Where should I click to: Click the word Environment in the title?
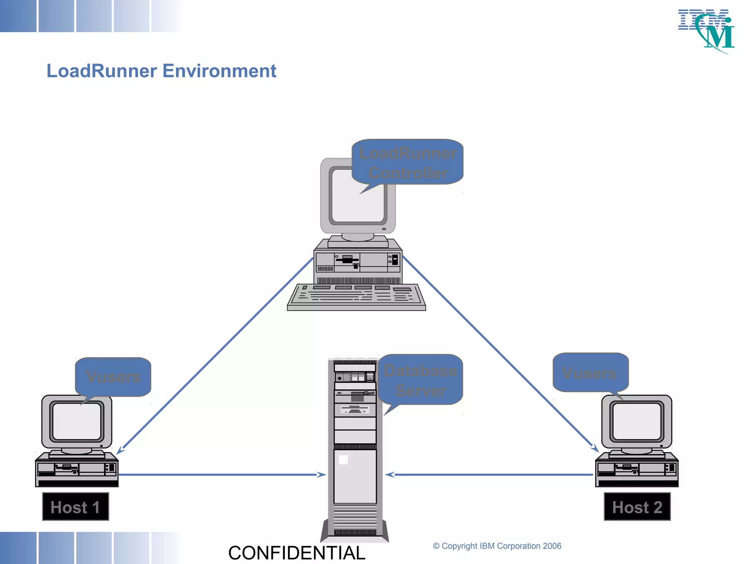(x=219, y=71)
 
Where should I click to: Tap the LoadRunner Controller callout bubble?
(x=408, y=163)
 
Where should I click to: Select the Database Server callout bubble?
(x=420, y=380)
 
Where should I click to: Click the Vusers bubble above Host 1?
(x=113, y=377)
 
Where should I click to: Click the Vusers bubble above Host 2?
(x=590, y=373)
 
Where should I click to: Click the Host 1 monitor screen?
(x=77, y=421)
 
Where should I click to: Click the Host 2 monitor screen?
(x=637, y=421)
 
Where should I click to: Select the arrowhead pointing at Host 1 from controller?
(x=121, y=450)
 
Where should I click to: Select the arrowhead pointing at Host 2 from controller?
(x=595, y=448)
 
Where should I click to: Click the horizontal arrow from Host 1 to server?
(x=220, y=475)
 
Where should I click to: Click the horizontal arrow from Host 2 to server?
(x=488, y=475)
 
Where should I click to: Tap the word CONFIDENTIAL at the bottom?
(x=297, y=553)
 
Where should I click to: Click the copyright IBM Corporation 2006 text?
(x=497, y=546)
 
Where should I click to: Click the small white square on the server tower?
(x=343, y=460)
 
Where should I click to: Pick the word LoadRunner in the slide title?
(x=102, y=71)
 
